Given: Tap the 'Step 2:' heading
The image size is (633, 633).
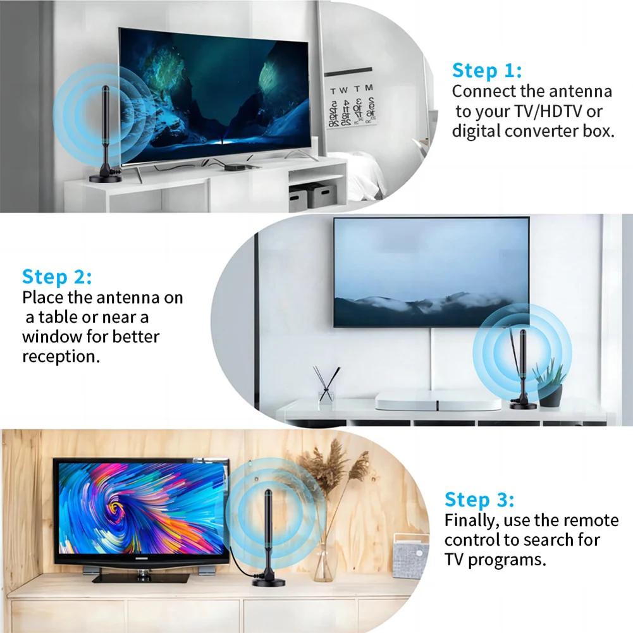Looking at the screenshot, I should point(57,277).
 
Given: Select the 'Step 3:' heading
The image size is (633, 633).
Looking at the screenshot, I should point(479,500).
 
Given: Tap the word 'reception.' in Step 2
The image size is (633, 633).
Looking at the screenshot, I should point(61,356).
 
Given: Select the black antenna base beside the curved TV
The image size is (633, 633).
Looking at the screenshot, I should point(105,178).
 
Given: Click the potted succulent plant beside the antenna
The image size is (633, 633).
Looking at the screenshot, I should point(549,383).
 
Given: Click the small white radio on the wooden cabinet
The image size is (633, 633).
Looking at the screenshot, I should point(410,555).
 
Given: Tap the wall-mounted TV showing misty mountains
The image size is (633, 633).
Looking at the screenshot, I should point(431,272).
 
